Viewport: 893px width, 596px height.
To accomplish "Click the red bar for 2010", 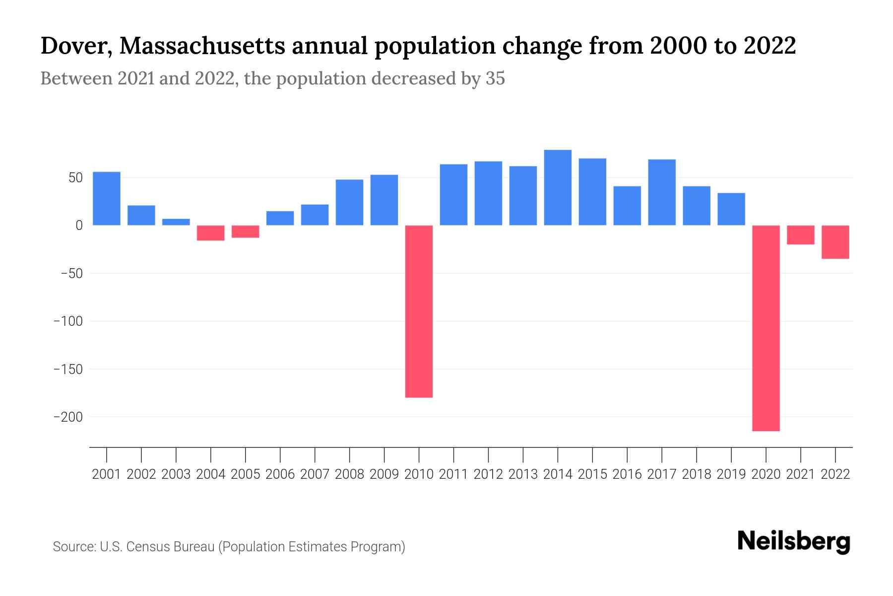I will [x=419, y=311].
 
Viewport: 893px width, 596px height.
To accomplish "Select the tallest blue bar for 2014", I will [x=558, y=188].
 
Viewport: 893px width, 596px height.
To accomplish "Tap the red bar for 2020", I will [x=766, y=328].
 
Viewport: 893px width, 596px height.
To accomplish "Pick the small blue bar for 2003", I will [x=176, y=222].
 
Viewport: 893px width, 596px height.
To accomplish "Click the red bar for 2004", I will [x=211, y=233].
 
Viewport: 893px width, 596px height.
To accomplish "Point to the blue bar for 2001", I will [x=107, y=199].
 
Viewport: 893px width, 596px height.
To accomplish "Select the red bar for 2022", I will [x=835, y=242].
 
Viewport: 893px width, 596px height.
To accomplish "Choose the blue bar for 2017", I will [x=662, y=192].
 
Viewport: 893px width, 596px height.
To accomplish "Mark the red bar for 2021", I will [x=801, y=235].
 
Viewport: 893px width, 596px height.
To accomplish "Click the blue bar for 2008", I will [x=350, y=202].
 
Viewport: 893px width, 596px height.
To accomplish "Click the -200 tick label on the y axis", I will [x=68, y=417].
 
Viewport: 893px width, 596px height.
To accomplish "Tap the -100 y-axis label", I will [x=68, y=321].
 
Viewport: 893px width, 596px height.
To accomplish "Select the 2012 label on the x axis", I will [x=488, y=474].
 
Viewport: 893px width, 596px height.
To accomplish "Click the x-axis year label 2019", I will [x=731, y=474].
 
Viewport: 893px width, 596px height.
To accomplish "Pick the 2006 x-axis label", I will [x=280, y=474].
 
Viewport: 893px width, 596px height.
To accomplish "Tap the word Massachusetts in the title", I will [x=202, y=46].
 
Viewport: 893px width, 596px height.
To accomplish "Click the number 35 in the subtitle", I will [x=495, y=78].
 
